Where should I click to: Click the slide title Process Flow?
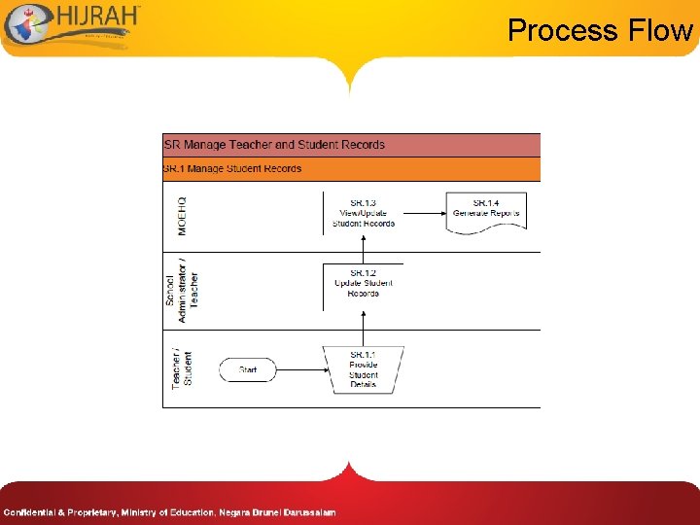tap(599, 30)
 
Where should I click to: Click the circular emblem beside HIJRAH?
tap(22, 24)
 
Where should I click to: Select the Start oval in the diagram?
tap(247, 369)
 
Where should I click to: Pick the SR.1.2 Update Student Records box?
tap(363, 283)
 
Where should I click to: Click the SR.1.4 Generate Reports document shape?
tap(486, 211)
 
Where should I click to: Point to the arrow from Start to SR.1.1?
tap(300, 369)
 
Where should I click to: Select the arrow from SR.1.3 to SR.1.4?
tap(424, 213)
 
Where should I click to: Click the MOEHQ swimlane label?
tap(182, 216)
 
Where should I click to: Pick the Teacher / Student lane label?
tap(182, 368)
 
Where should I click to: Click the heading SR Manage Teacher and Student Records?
tap(274, 145)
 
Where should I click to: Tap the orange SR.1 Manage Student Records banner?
tap(350, 169)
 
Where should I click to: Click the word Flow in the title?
tap(660, 30)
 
